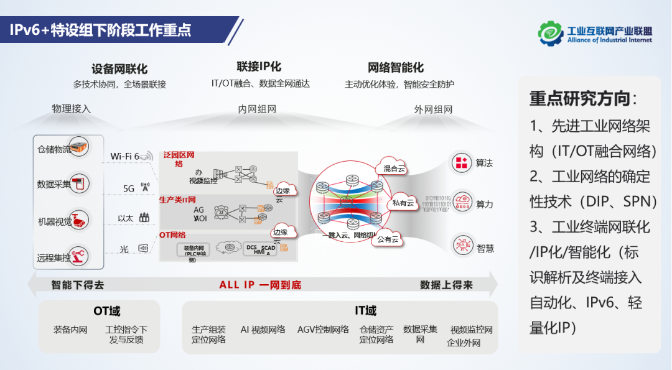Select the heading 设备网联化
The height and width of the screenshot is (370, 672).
tap(119, 69)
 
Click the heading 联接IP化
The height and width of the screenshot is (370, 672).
tap(259, 67)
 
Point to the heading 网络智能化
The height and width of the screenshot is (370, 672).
tap(396, 67)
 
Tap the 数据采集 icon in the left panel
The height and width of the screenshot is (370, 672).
tap(79, 183)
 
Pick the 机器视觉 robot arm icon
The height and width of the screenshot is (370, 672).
tap(79, 220)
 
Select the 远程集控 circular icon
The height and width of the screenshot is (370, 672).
tap(79, 255)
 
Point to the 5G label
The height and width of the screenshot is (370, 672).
tap(129, 188)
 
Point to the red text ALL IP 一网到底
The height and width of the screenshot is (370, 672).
tap(260, 285)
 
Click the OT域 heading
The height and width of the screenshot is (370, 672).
tap(107, 311)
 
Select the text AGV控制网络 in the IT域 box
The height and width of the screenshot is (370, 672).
tap(323, 330)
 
